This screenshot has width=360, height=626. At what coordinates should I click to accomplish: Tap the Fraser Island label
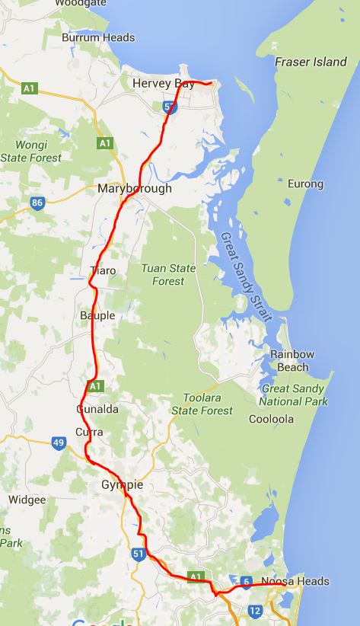(311, 62)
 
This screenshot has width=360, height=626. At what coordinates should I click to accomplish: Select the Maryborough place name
(135, 188)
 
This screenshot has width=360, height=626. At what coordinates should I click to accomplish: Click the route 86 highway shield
(37, 203)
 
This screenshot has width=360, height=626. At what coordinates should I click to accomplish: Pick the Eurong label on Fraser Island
(306, 184)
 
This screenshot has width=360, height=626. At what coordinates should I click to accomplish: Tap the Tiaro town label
(103, 270)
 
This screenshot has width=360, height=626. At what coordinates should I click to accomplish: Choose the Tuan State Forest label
(168, 275)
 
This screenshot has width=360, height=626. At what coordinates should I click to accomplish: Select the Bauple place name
(97, 315)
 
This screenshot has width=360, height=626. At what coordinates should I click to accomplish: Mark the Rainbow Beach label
(293, 361)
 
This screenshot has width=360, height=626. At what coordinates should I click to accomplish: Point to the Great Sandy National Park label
(293, 394)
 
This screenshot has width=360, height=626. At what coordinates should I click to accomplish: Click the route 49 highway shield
(59, 442)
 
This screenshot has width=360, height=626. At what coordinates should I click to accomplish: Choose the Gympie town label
(122, 485)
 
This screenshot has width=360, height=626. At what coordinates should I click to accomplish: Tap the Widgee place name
(27, 500)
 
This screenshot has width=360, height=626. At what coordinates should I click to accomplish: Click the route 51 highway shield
(138, 554)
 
